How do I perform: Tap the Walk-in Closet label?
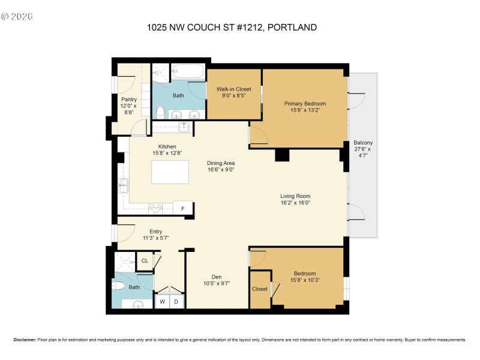[233, 89]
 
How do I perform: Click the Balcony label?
[362, 143]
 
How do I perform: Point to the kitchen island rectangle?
[170, 172]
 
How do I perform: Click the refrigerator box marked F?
[184, 209]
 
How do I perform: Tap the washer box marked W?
[163, 302]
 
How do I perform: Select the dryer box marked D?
[176, 302]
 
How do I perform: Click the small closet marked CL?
[144, 261]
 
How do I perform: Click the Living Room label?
[295, 196]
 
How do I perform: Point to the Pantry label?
[129, 100]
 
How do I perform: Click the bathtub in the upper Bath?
[188, 73]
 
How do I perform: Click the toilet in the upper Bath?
[160, 112]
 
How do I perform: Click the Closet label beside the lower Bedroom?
[260, 289]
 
